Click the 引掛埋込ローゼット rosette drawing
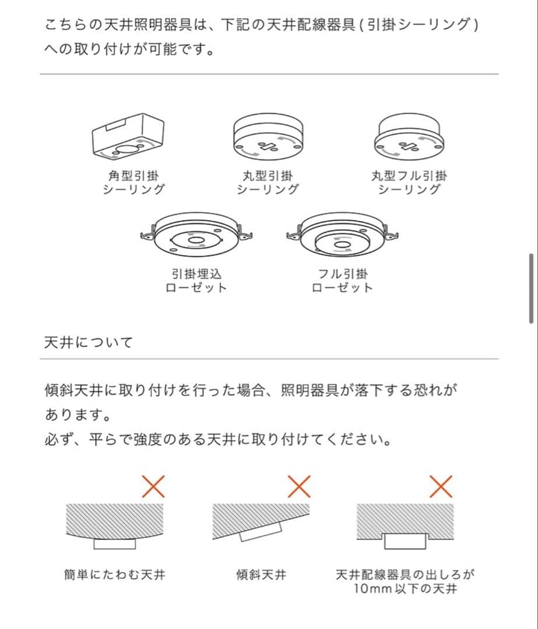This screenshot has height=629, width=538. click(197, 235)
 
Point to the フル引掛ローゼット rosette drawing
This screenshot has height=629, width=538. click(343, 235)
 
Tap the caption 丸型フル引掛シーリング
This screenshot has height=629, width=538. click(409, 182)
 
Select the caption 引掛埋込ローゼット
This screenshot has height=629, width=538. click(196, 280)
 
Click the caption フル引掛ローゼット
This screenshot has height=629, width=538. click(343, 280)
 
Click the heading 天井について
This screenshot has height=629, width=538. click(88, 342)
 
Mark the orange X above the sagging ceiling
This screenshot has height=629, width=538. click(153, 486)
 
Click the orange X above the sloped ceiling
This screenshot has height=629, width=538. click(299, 486)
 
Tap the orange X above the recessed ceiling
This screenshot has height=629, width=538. click(441, 486)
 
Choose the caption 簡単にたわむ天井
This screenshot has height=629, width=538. click(115, 575)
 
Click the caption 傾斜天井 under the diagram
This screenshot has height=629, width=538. click(261, 575)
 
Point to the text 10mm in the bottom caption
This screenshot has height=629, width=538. click(368, 589)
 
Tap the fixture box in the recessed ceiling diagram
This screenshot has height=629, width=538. click(405, 540)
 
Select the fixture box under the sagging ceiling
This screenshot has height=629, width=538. click(115, 544)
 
